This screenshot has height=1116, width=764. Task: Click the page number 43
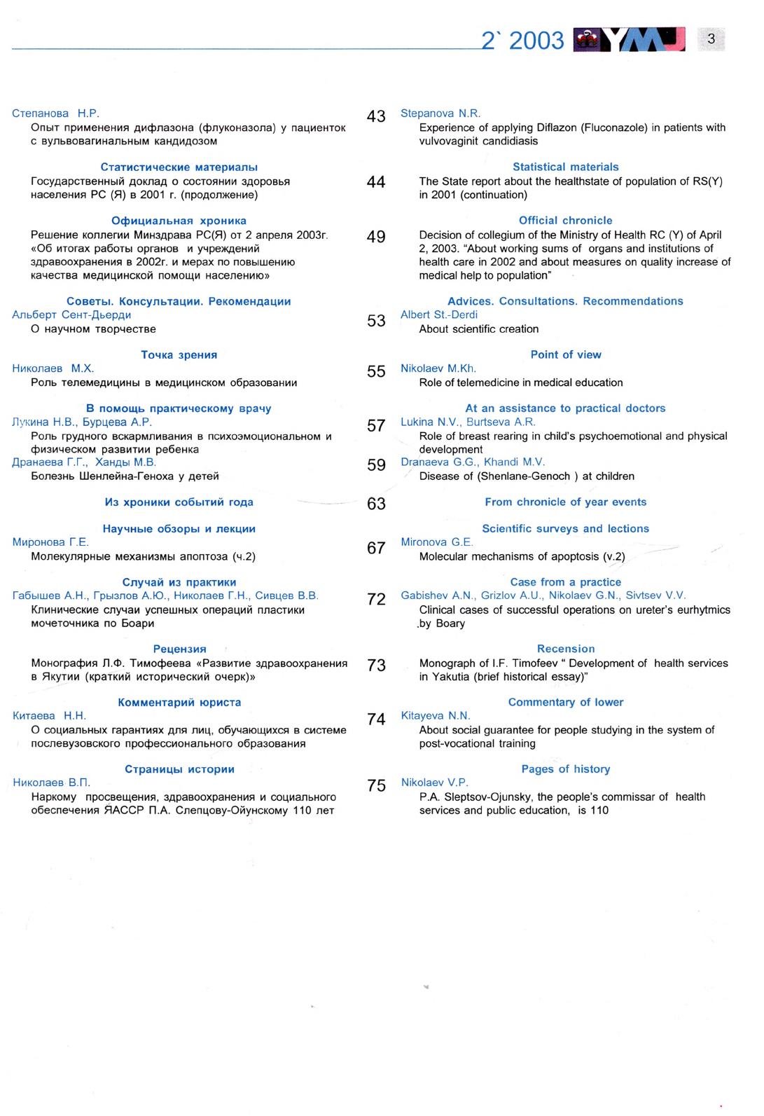(376, 116)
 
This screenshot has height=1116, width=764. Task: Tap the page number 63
(376, 504)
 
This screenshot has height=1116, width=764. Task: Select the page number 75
(376, 786)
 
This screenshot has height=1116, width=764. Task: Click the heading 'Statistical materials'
(565, 167)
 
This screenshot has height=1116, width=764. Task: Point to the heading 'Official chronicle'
(565, 221)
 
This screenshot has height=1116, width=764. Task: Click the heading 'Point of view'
(565, 354)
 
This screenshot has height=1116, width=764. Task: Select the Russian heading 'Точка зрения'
(179, 355)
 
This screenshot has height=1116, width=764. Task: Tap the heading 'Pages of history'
(565, 769)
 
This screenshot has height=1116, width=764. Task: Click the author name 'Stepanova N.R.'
(440, 113)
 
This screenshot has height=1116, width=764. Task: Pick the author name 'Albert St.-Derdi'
(438, 315)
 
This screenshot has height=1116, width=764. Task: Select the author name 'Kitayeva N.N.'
(434, 716)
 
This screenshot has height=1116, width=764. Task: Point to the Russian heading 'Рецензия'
(179, 649)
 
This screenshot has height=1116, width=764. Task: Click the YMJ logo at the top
(629, 40)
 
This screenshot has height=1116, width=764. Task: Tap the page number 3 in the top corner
(711, 39)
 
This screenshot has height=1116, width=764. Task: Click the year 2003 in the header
(536, 41)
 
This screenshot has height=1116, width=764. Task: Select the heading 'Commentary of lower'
(565, 702)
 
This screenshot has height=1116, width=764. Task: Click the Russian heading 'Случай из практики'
(179, 582)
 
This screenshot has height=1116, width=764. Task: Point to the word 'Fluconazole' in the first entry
(614, 128)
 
